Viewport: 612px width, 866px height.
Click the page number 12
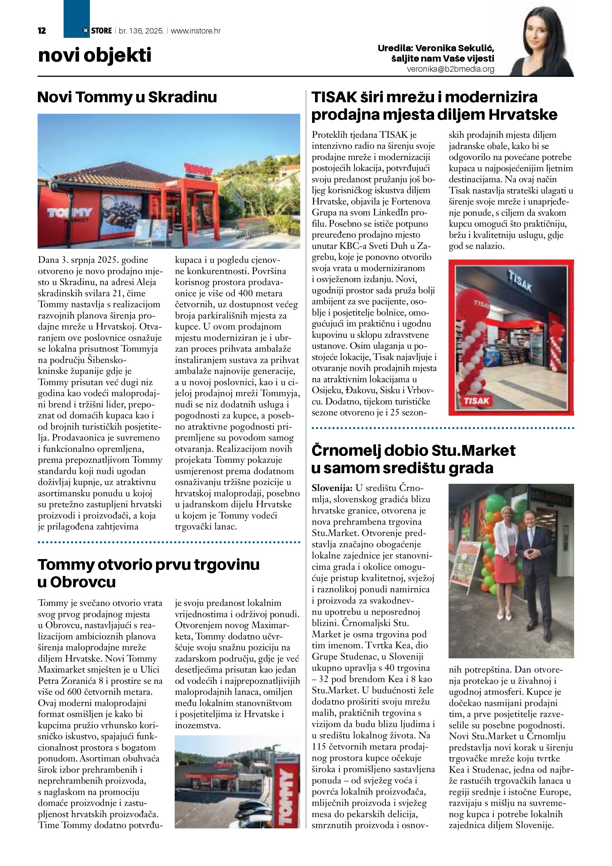coord(42,31)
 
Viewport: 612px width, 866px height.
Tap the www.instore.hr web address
coord(196,31)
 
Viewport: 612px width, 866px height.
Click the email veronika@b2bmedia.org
coord(450,69)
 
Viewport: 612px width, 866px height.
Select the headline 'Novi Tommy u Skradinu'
coord(127,97)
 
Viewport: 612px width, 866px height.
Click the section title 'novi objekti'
coord(94,55)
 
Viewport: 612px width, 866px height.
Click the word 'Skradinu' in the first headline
coord(182,97)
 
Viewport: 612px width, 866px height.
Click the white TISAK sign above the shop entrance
coord(520,282)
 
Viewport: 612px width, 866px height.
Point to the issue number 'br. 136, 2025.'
coord(141,31)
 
